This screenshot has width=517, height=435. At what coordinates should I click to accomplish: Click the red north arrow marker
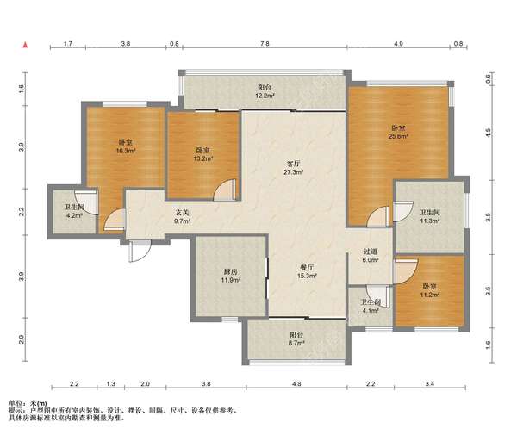[25, 45]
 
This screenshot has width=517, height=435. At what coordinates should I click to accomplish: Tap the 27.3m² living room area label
[294, 172]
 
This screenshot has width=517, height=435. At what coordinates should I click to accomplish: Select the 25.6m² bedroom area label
[399, 136]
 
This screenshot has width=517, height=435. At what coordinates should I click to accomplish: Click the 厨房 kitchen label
[230, 272]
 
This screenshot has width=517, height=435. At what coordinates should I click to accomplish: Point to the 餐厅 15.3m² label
[308, 271]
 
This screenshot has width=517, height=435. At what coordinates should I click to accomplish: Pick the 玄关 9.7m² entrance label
[183, 217]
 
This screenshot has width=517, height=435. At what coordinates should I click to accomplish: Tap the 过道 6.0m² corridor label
[371, 255]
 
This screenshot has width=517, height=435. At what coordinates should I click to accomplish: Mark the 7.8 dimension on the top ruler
[265, 43]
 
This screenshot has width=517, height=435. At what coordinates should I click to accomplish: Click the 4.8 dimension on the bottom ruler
[296, 383]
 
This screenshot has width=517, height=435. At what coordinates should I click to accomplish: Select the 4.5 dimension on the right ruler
[489, 133]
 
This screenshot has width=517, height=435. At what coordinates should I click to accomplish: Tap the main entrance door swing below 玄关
[140, 252]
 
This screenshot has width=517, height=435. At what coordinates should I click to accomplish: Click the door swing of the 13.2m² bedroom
[225, 190]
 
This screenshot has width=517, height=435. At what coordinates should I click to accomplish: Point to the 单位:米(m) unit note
[28, 403]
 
